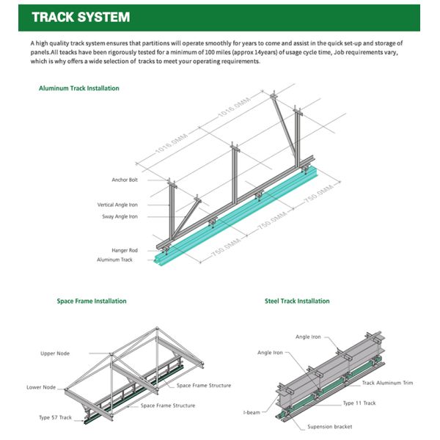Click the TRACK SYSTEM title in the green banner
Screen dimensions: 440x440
point(81,17)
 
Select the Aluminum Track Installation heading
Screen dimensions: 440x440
point(78,89)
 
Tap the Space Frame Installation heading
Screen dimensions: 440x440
point(92,301)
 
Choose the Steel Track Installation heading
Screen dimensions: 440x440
point(297,301)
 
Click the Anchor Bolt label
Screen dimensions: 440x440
point(125,180)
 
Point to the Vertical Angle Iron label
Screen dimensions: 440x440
point(117,205)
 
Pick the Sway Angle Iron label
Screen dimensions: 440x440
point(120,216)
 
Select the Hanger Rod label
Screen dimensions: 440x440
point(125,250)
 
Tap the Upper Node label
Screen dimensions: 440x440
point(55,353)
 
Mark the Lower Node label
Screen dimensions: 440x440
point(43,387)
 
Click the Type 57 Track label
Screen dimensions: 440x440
point(55,417)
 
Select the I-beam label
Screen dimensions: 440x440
point(252,414)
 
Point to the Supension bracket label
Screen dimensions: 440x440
point(328,426)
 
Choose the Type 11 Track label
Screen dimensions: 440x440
point(360,403)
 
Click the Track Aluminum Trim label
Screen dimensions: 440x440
point(388,383)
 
